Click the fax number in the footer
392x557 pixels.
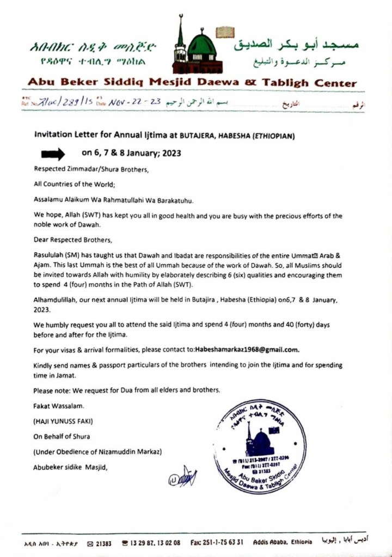click(x=212, y=543)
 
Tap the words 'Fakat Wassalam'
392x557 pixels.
click(x=55, y=406)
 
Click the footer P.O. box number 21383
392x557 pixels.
click(x=103, y=543)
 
